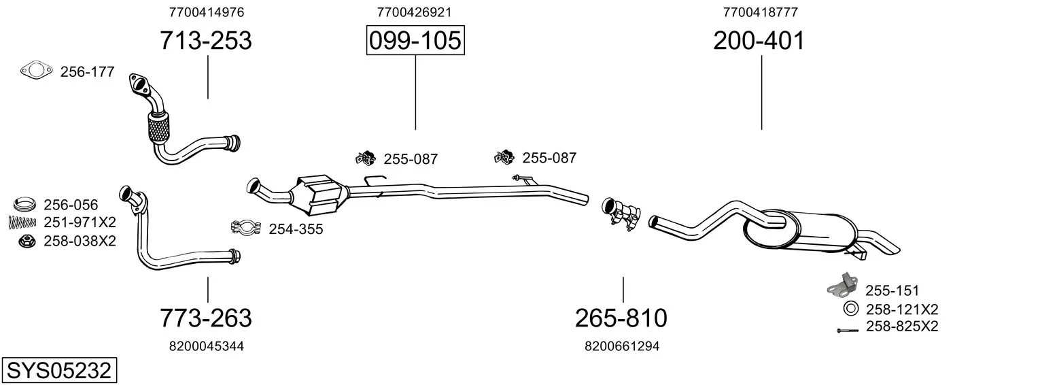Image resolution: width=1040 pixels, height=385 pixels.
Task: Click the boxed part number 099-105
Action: [415, 41]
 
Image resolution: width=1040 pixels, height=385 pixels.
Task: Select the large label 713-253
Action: [205, 41]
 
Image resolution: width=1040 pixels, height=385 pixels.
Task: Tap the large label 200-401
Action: [759, 41]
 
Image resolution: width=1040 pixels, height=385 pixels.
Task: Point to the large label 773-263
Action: [205, 318]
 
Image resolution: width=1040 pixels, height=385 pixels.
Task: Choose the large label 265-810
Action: [621, 318]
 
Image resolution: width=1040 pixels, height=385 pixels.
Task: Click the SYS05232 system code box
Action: [58, 371]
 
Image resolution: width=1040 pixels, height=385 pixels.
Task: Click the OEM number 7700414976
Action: [206, 12]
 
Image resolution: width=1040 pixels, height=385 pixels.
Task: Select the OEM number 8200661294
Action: [622, 346]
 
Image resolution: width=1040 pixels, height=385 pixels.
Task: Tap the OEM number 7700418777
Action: [760, 12]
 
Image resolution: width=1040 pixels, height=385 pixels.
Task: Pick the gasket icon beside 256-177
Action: [37, 71]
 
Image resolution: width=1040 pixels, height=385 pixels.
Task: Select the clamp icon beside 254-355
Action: [247, 227]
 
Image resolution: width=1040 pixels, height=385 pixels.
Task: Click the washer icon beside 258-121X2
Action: [850, 309]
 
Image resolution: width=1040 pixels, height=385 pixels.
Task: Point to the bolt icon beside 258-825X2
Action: [848, 330]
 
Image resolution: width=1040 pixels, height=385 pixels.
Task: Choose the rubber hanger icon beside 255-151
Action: [841, 287]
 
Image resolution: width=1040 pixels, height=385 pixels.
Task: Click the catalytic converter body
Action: [317, 192]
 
